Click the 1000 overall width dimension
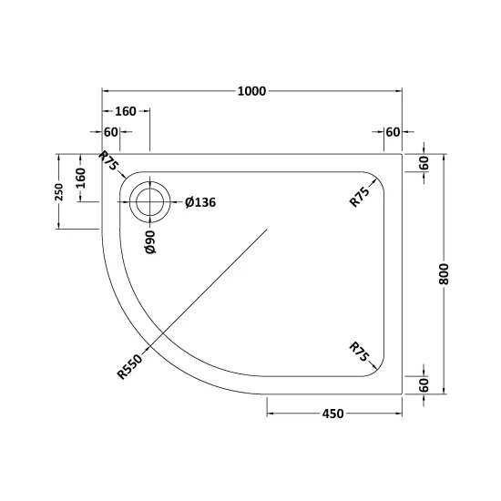[251, 91]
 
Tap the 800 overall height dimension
[444, 274]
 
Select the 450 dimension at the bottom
[332, 414]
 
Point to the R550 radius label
[129, 367]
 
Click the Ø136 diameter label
[200, 202]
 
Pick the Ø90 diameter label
[150, 242]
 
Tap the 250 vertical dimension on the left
[59, 191]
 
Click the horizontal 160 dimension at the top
[126, 111]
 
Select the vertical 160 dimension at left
[81, 178]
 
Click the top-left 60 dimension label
[111, 132]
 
